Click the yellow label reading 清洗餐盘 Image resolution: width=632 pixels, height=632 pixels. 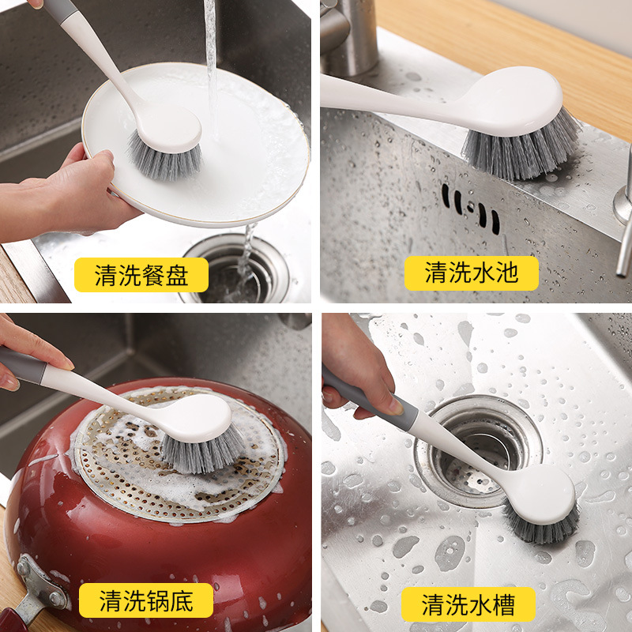pyautogui.click(x=141, y=275)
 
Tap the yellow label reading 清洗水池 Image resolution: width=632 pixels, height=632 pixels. pyautogui.click(x=471, y=273)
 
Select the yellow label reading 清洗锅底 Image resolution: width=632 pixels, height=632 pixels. pyautogui.click(x=146, y=600)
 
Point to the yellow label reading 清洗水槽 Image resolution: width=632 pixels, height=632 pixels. pyautogui.click(x=468, y=604)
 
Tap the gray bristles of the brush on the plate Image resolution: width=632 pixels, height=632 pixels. pyautogui.click(x=165, y=159)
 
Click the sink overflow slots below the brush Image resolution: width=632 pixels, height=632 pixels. pyautogui.click(x=470, y=209)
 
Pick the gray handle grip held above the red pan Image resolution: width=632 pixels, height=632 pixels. pyautogui.click(x=22, y=365)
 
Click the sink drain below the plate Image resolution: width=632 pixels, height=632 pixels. pyautogui.click(x=235, y=270)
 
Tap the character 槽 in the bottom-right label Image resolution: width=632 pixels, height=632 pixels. pyautogui.click(x=503, y=604)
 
